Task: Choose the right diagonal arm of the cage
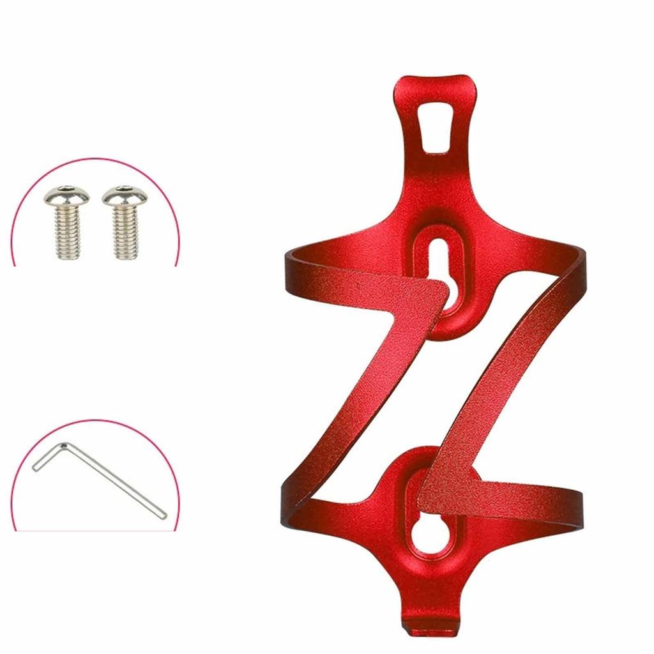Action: (505, 383)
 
